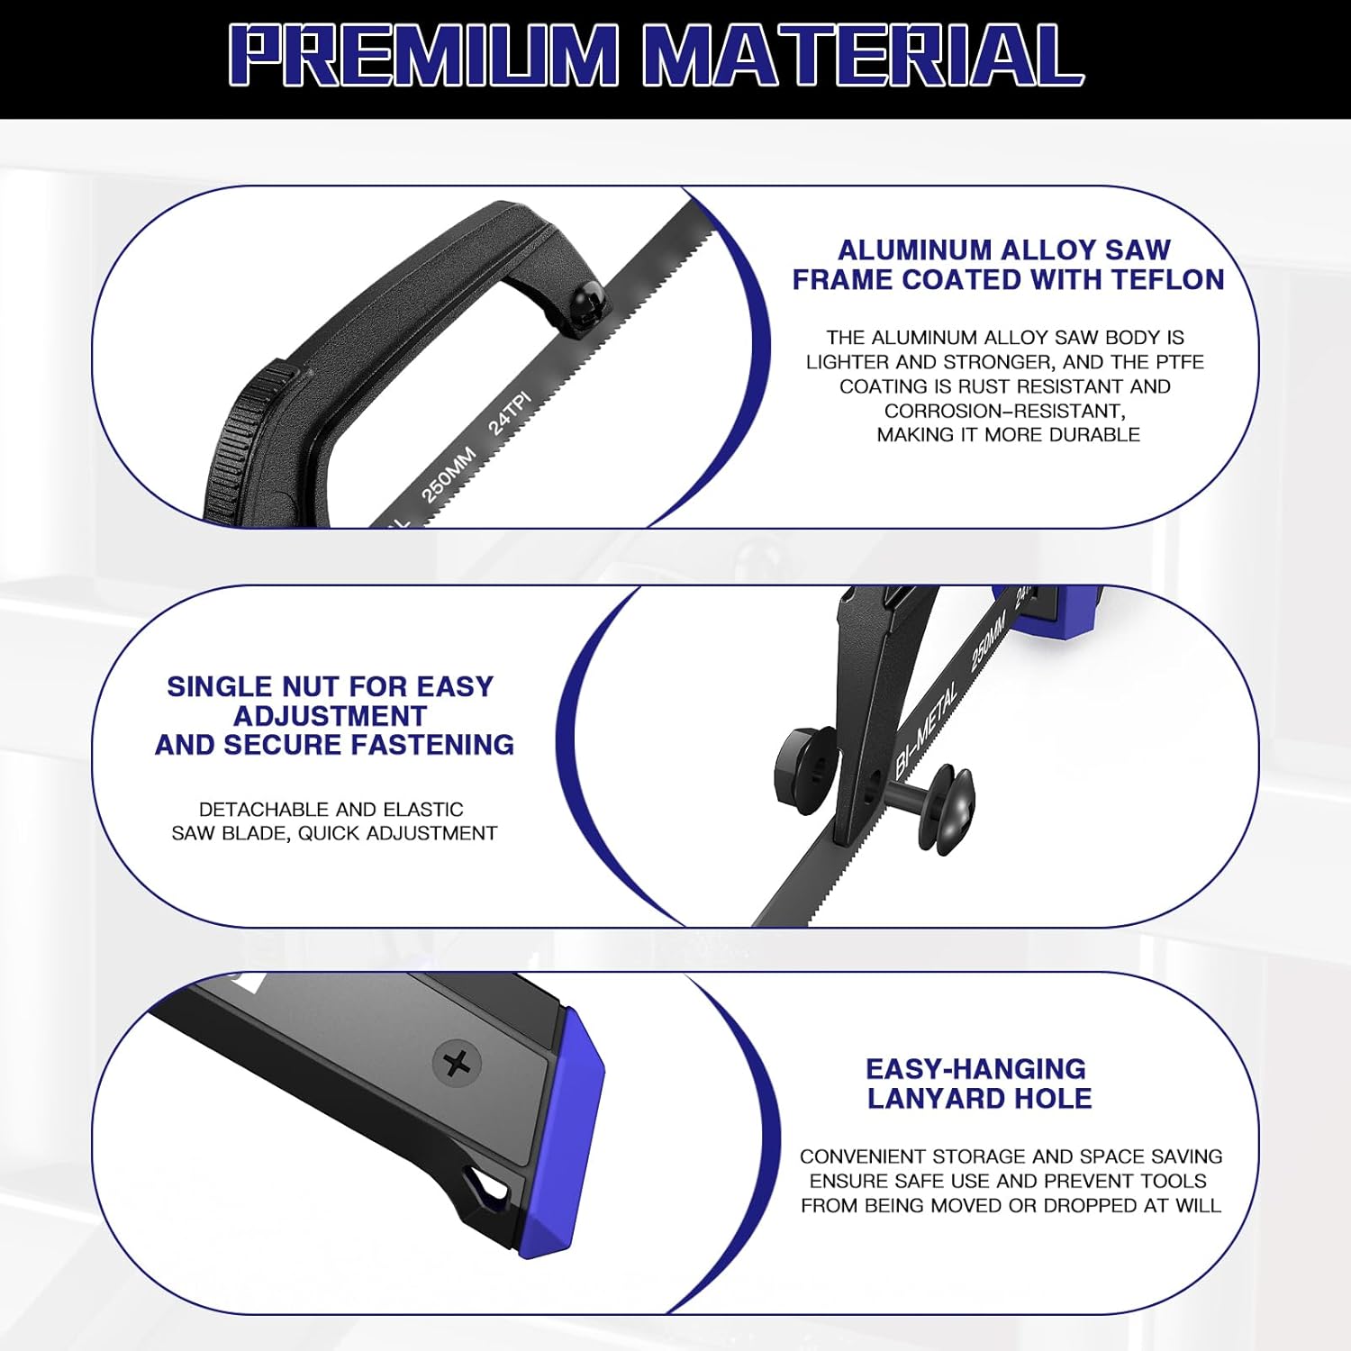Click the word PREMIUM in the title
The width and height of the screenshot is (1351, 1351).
click(423, 55)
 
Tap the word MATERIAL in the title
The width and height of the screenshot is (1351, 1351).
click(863, 55)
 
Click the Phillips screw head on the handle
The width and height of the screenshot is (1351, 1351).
click(458, 1064)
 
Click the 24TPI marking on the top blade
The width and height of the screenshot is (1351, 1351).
click(510, 413)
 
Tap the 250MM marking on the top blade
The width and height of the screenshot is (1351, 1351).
click(448, 474)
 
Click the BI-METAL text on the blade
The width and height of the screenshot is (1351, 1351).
click(927, 730)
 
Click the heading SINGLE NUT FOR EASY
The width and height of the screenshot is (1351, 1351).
click(330, 686)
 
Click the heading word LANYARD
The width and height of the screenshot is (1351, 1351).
click(929, 1098)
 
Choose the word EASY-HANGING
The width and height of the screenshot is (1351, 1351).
click(975, 1069)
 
